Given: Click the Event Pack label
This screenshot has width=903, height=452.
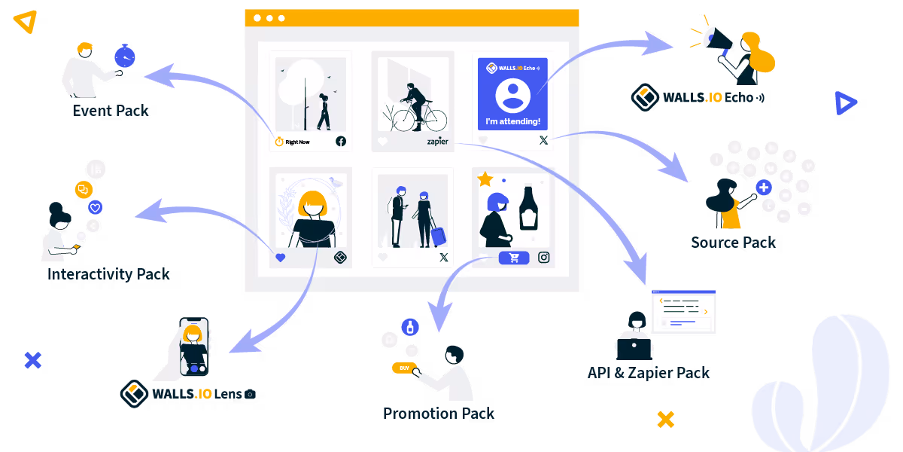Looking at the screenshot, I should (x=111, y=111).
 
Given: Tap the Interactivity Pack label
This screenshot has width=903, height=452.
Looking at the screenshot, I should (x=108, y=274).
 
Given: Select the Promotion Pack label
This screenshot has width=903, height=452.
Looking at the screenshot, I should (x=439, y=414).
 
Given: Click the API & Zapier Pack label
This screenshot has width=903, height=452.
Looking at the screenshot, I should (x=648, y=373).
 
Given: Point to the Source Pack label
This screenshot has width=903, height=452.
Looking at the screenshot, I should (x=733, y=243).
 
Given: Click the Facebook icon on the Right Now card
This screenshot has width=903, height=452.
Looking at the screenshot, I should (x=340, y=142).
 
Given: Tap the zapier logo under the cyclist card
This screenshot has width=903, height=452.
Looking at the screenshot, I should (x=437, y=142).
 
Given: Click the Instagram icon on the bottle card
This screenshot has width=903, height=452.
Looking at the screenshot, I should (x=544, y=258).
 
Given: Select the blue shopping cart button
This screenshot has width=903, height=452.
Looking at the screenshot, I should (x=514, y=258).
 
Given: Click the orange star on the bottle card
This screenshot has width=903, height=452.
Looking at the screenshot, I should (x=485, y=179).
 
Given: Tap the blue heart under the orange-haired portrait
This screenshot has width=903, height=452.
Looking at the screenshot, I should (x=281, y=258).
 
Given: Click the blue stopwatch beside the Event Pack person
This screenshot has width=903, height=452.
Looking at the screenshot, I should (x=124, y=56).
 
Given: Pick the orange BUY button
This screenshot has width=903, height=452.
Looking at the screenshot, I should (x=404, y=368).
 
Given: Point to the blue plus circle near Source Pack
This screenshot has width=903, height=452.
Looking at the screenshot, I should (x=764, y=187).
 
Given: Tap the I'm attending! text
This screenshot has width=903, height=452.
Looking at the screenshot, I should (x=512, y=121).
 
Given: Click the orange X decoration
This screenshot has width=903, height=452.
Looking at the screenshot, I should (x=665, y=420).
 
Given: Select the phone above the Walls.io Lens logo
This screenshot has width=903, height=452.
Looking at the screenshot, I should (x=194, y=347).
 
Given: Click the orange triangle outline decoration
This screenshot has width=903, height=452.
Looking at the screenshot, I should (x=26, y=22).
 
